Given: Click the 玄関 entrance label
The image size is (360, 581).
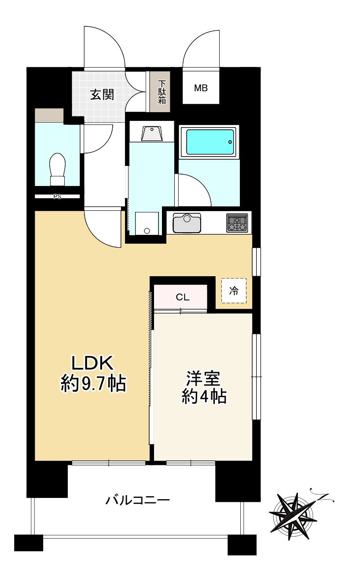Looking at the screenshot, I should [102, 95].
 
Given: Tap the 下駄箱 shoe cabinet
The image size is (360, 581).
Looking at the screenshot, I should [162, 92].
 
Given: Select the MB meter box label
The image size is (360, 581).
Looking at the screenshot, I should [201, 88].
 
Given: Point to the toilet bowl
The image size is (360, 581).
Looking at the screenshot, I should [58, 169].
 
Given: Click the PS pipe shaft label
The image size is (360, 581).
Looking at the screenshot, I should [57, 197].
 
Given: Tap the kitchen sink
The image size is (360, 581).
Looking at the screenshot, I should [187, 223].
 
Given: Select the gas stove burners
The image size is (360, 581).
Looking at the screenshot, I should [237, 223].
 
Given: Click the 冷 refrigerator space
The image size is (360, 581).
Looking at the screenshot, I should [234, 291].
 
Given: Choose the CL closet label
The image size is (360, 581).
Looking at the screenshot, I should [182, 297].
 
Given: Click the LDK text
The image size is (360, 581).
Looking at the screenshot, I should [93, 364].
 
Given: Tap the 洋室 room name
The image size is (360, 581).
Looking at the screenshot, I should [203, 378].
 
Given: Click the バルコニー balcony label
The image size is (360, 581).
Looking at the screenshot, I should [137, 500].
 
